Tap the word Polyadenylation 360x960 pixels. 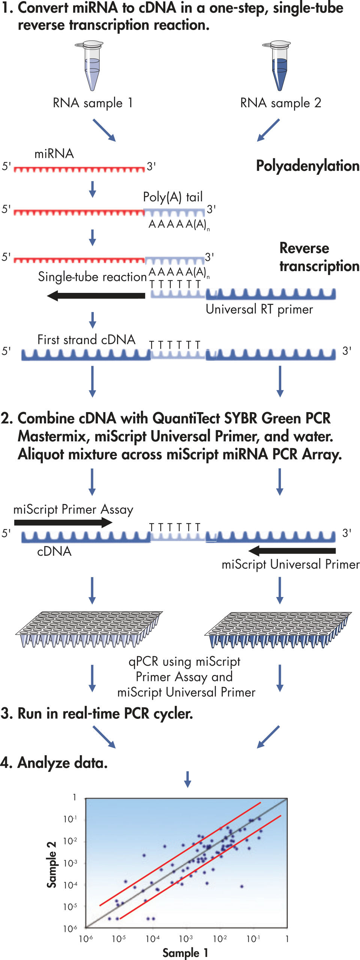(x=307, y=166)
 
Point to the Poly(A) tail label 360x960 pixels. (x=173, y=197)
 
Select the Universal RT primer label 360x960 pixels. (x=259, y=309)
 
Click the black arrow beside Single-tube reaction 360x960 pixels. (x=96, y=295)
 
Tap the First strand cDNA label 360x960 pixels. (x=86, y=340)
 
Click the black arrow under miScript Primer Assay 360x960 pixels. (x=63, y=522)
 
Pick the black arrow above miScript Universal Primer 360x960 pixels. (x=292, y=550)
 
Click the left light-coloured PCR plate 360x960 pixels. (x=89, y=628)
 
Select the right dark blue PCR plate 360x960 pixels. (x=278, y=629)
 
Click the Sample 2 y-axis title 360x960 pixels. (x=52, y=864)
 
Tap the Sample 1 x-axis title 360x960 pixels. (x=185, y=952)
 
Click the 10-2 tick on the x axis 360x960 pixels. (x=220, y=939)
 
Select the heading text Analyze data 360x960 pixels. (x=63, y=763)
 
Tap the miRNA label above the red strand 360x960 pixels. (x=54, y=154)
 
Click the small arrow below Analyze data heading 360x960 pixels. (x=188, y=778)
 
